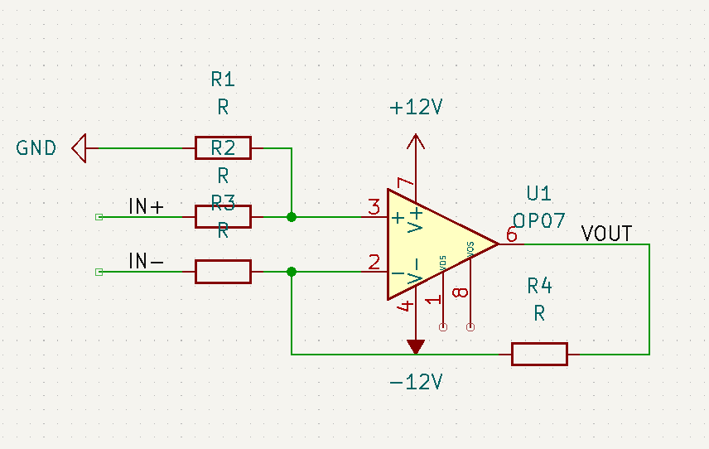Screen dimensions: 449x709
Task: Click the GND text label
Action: (36, 148)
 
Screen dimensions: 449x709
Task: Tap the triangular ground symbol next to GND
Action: (80, 148)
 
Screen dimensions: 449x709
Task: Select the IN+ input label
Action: (146, 206)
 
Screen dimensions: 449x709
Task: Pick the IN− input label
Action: (146, 261)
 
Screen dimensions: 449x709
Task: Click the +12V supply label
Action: (417, 108)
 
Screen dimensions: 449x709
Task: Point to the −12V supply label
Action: (417, 382)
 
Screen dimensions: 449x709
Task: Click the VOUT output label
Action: (606, 234)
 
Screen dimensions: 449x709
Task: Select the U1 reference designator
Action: (538, 193)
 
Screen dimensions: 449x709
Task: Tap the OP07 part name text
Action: (538, 221)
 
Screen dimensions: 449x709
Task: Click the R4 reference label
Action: (539, 286)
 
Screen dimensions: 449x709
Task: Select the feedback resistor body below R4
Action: (539, 354)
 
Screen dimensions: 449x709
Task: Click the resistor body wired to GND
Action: (223, 148)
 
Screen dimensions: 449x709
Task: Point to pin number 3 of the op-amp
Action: (374, 206)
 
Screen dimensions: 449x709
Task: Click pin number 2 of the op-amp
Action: (374, 263)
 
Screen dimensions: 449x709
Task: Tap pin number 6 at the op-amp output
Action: (511, 234)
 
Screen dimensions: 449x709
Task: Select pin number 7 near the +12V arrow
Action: (404, 184)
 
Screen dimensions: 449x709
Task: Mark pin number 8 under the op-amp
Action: (462, 292)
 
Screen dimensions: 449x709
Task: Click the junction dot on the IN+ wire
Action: (292, 217)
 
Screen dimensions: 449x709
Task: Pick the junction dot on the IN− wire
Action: (292, 272)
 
